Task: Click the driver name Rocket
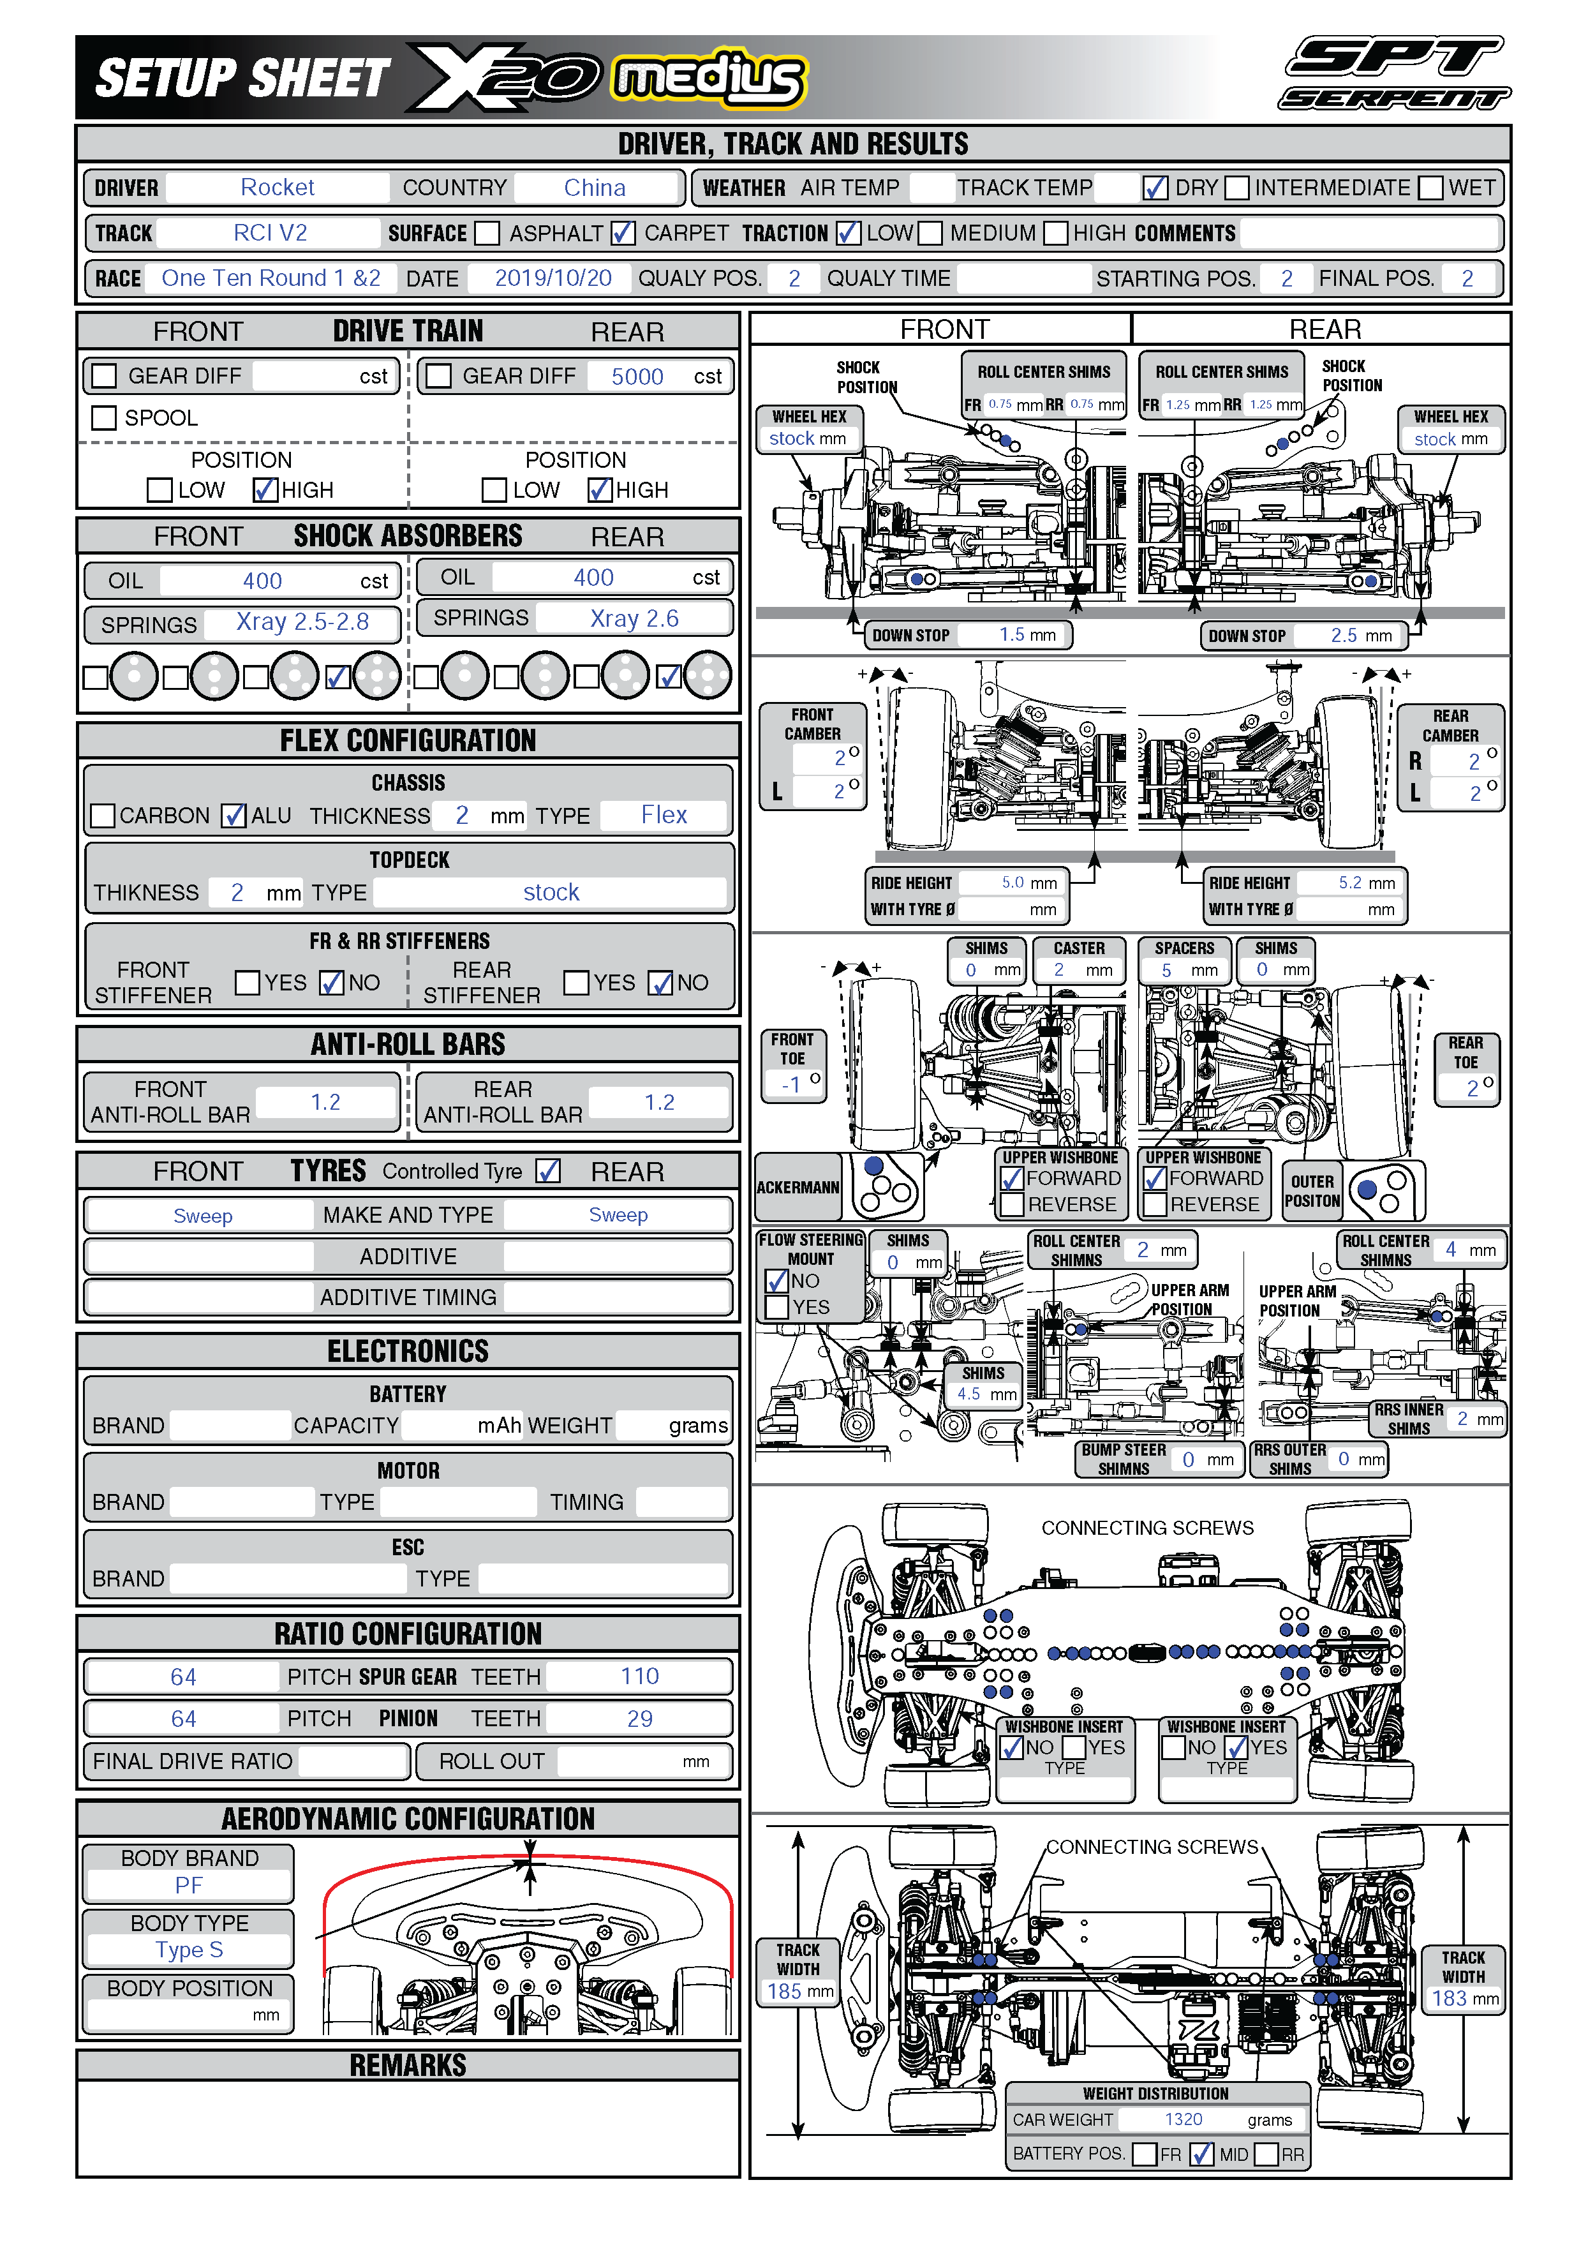[277, 188]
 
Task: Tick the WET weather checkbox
[1431, 188]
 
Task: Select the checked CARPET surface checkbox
[622, 233]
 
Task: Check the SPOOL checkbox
[104, 418]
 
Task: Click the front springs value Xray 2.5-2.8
[302, 622]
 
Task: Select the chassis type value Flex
[664, 815]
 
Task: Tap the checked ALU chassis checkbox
[234, 816]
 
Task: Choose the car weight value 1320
[1183, 2119]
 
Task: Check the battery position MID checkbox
[1201, 2154]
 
